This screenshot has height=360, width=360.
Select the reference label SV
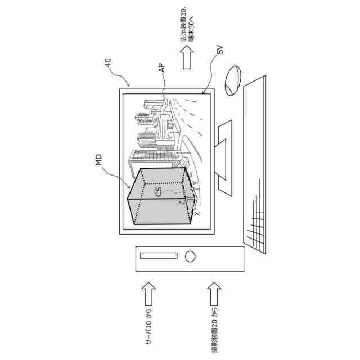coord(219,52)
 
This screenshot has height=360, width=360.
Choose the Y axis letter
coord(194,184)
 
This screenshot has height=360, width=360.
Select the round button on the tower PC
coord(190,256)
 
